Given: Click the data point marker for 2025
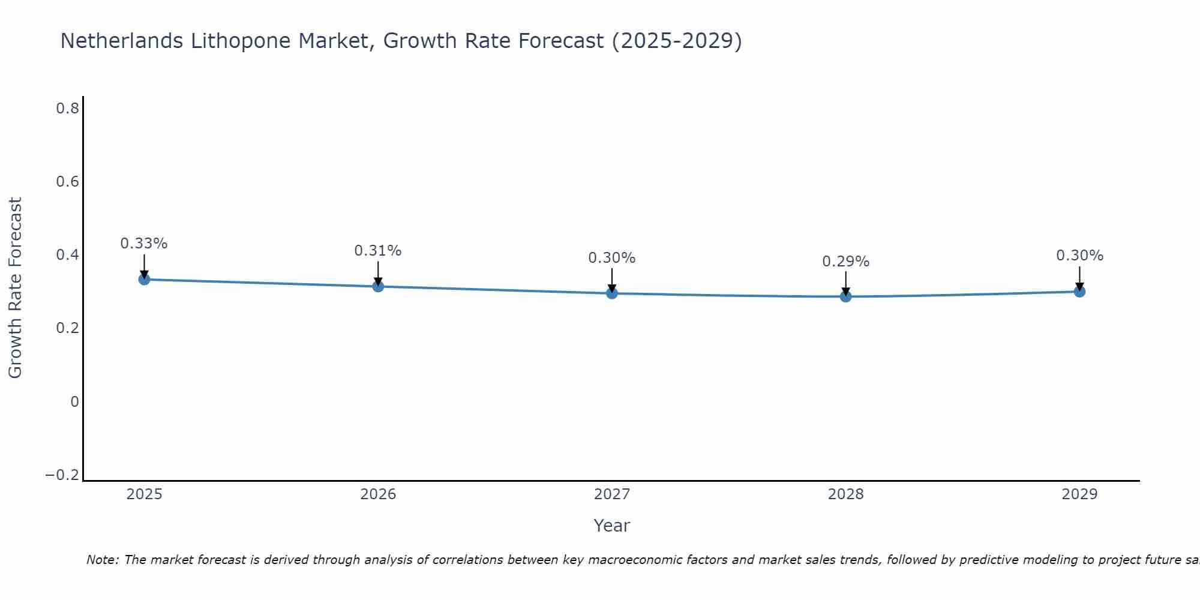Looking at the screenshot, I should tap(144, 279).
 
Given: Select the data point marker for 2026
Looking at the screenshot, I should tap(378, 286).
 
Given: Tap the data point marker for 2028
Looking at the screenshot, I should tap(845, 296).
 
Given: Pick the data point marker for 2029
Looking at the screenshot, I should tap(1079, 292).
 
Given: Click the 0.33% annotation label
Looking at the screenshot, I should tap(144, 244).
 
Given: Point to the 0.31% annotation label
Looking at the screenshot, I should tap(378, 251).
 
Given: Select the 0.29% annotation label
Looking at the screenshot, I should tap(845, 262).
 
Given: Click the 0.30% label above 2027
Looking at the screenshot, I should tap(611, 258).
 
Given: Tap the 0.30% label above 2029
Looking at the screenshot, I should tap(1079, 256).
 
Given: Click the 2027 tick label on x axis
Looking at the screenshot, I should tap(611, 494).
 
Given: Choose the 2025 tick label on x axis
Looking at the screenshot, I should tap(145, 494).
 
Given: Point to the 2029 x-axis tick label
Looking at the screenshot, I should tap(1079, 494).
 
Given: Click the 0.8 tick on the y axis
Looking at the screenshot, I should tap(68, 109).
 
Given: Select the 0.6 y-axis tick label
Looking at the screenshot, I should tap(68, 182).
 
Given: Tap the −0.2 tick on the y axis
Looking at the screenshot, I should tap(62, 475).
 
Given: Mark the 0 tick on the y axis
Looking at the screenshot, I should tap(74, 402).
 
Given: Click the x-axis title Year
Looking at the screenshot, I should tap(611, 526).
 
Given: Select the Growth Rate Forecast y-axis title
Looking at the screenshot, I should tap(15, 288).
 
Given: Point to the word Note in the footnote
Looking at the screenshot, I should tap(102, 560).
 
